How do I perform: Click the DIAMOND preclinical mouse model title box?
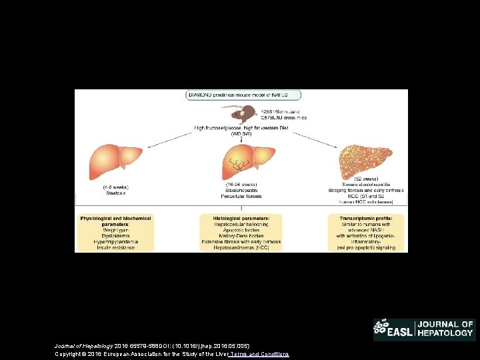click(243, 95)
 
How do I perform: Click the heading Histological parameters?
click(240, 218)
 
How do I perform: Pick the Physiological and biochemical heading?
click(116, 218)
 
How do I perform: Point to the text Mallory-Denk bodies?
click(240, 235)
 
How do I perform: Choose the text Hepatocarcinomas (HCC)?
click(240, 247)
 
